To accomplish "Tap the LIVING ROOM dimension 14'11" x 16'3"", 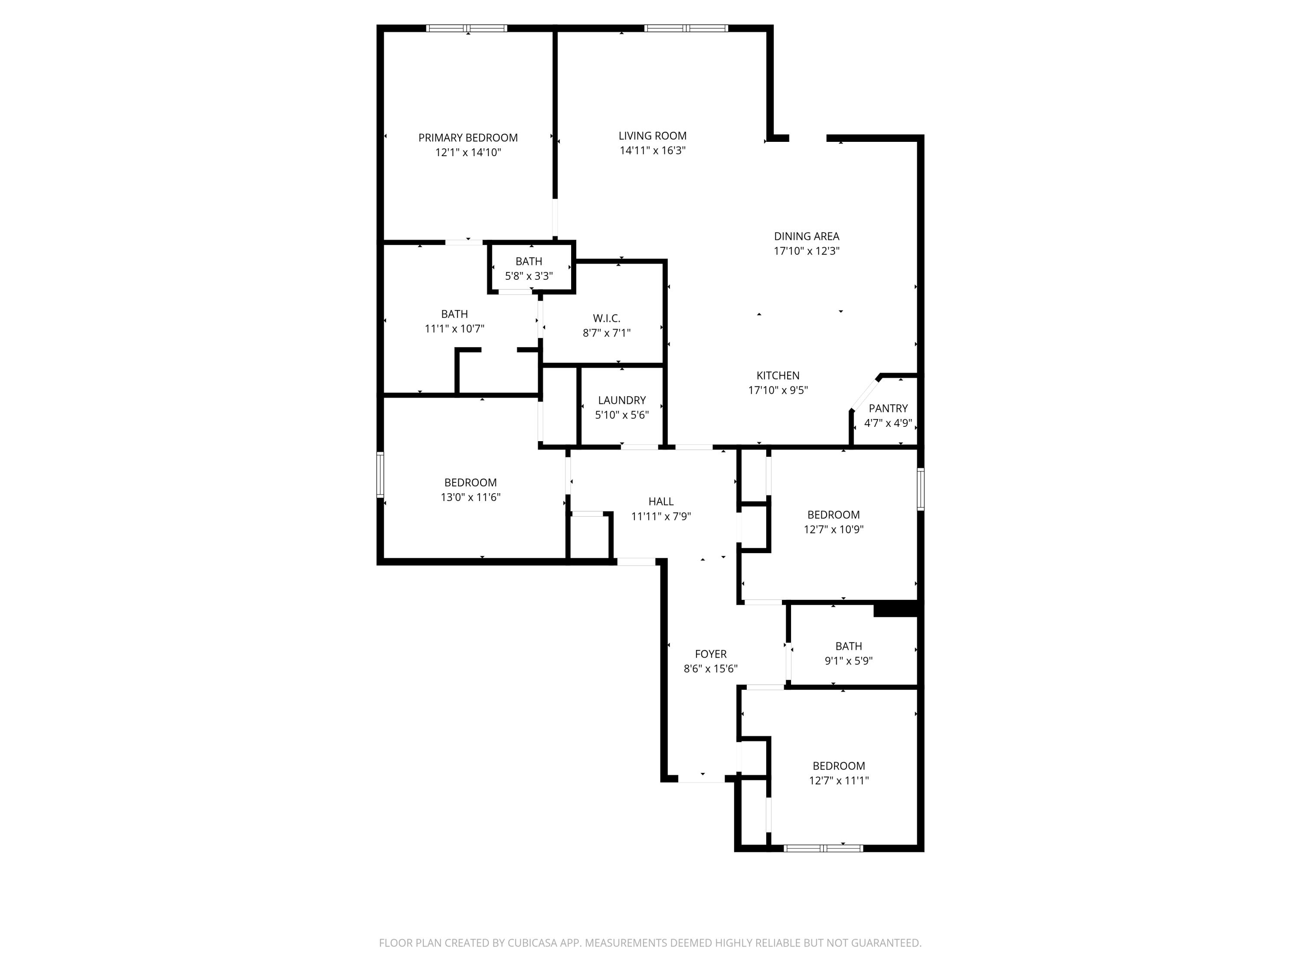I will tap(652, 151).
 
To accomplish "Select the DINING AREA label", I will tap(806, 236).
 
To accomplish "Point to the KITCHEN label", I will tap(778, 375).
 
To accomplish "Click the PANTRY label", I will tap(888, 408).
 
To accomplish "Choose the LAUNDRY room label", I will tap(622, 400).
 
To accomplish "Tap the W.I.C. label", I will tap(606, 318).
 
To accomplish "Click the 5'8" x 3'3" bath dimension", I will tap(529, 276).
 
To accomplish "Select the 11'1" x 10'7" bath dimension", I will tap(454, 329).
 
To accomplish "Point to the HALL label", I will tap(660, 501).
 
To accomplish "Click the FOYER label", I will tap(710, 654).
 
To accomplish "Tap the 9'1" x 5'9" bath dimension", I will tap(848, 661).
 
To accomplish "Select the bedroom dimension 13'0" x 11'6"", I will tap(470, 497).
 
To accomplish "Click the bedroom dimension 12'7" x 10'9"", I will tap(834, 530).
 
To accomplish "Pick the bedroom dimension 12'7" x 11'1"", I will tap(838, 781).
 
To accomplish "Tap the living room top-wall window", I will tap(686, 28).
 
